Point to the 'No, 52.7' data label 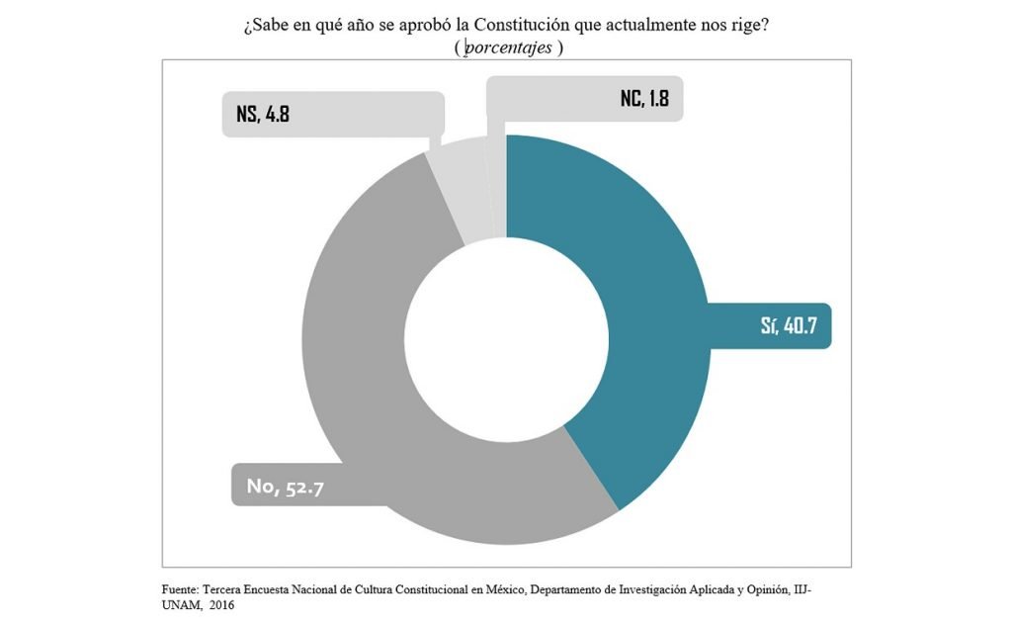point(285,486)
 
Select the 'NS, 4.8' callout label point(263,114)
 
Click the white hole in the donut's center point(505,341)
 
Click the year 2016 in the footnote point(222,605)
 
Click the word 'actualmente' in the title point(632,25)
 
